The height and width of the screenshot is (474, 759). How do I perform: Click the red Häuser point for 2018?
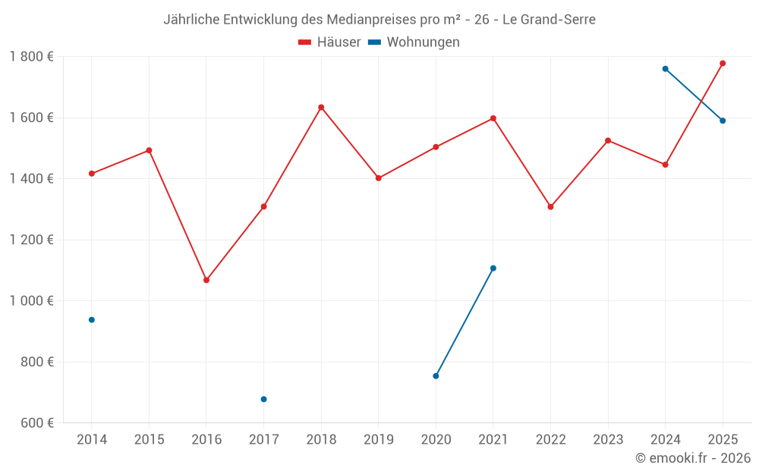tap(321, 107)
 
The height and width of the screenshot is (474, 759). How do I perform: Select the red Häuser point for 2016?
tap(206, 280)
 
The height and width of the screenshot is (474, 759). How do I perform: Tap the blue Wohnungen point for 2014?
tap(92, 320)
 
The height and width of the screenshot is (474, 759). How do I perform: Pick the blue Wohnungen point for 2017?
tap(263, 399)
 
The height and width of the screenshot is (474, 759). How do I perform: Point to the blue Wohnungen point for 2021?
tap(493, 268)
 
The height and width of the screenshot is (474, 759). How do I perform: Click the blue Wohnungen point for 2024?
tap(665, 69)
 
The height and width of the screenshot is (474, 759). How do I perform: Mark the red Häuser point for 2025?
tap(723, 63)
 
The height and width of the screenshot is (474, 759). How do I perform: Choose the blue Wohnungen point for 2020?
tap(436, 376)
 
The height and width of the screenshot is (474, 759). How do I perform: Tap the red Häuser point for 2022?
tap(550, 206)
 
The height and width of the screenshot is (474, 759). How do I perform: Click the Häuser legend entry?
tap(329, 42)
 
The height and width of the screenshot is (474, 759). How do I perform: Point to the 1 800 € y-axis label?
tap(31, 57)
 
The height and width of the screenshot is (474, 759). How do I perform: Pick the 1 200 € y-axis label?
tap(31, 240)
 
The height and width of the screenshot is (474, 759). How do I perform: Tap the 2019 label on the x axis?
tap(378, 439)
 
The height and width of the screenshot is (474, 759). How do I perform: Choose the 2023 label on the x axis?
tap(608, 439)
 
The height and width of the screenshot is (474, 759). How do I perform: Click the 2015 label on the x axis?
tap(149, 439)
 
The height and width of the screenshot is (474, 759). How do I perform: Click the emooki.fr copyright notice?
tap(692, 458)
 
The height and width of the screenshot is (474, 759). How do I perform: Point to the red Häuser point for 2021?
tap(493, 118)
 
